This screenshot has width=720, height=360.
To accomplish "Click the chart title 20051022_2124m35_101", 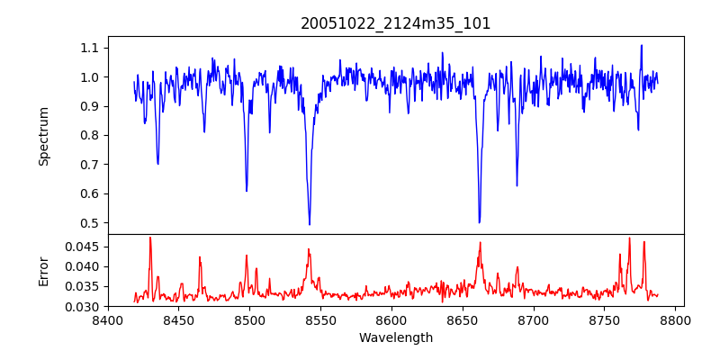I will click(395, 23).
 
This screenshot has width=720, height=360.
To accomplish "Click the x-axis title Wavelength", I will click(395, 337).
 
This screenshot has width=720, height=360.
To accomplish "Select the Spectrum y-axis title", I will click(43, 136).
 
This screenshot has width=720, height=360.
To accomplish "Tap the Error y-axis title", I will click(43, 271).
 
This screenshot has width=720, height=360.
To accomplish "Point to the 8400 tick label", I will click(108, 319).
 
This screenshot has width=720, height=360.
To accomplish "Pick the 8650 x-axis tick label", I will click(463, 319).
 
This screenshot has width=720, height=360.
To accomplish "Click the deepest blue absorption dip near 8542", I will click(310, 224).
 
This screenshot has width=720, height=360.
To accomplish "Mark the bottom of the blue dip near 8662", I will click(479, 222).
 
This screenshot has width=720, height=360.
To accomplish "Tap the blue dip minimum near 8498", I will click(247, 191).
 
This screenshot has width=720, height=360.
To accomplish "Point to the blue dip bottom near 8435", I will click(157, 164).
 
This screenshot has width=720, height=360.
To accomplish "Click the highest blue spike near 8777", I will click(642, 45).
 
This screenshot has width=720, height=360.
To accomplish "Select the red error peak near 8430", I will click(150, 238).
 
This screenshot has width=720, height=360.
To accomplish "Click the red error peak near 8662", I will click(480, 242).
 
